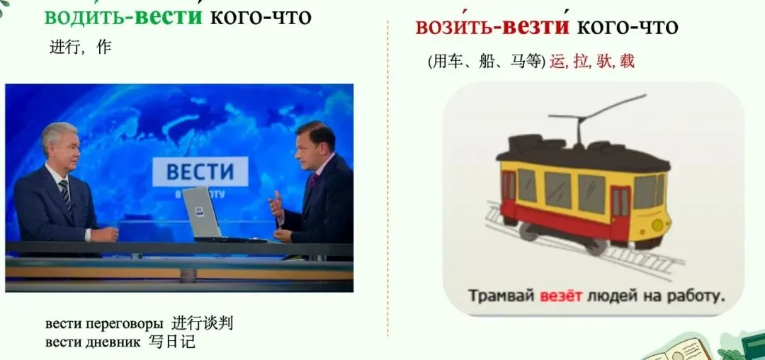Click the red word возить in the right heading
[454, 27]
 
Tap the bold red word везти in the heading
[535, 27]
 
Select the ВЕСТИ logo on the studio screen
[200, 171]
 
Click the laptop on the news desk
[205, 215]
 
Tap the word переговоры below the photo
[124, 324]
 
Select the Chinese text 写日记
[171, 342]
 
